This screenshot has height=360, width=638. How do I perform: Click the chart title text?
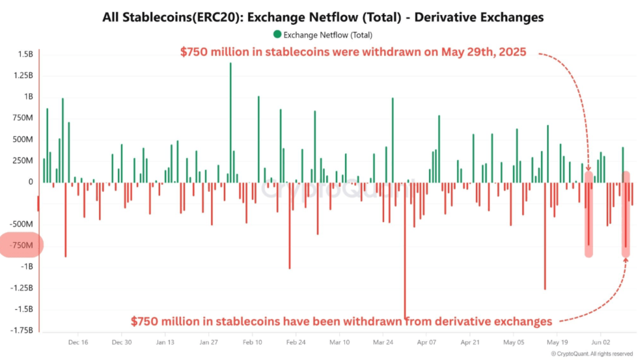tap(323, 18)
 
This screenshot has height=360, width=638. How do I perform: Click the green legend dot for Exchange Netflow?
tap(278, 35)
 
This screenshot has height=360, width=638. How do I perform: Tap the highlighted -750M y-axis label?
tap(21, 245)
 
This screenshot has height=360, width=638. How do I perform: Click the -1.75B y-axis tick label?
tap(20, 331)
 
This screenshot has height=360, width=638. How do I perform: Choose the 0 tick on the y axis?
tap(30, 182)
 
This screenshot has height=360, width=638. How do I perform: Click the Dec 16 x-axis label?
tap(77, 342)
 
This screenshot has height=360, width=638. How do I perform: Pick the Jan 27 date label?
tap(208, 342)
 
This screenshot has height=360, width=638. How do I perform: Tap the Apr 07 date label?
tap(426, 342)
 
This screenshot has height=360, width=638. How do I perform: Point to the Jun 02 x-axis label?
tap(600, 342)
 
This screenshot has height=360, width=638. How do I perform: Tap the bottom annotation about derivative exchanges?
tap(341, 321)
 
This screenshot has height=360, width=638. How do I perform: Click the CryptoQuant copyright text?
tap(592, 354)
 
